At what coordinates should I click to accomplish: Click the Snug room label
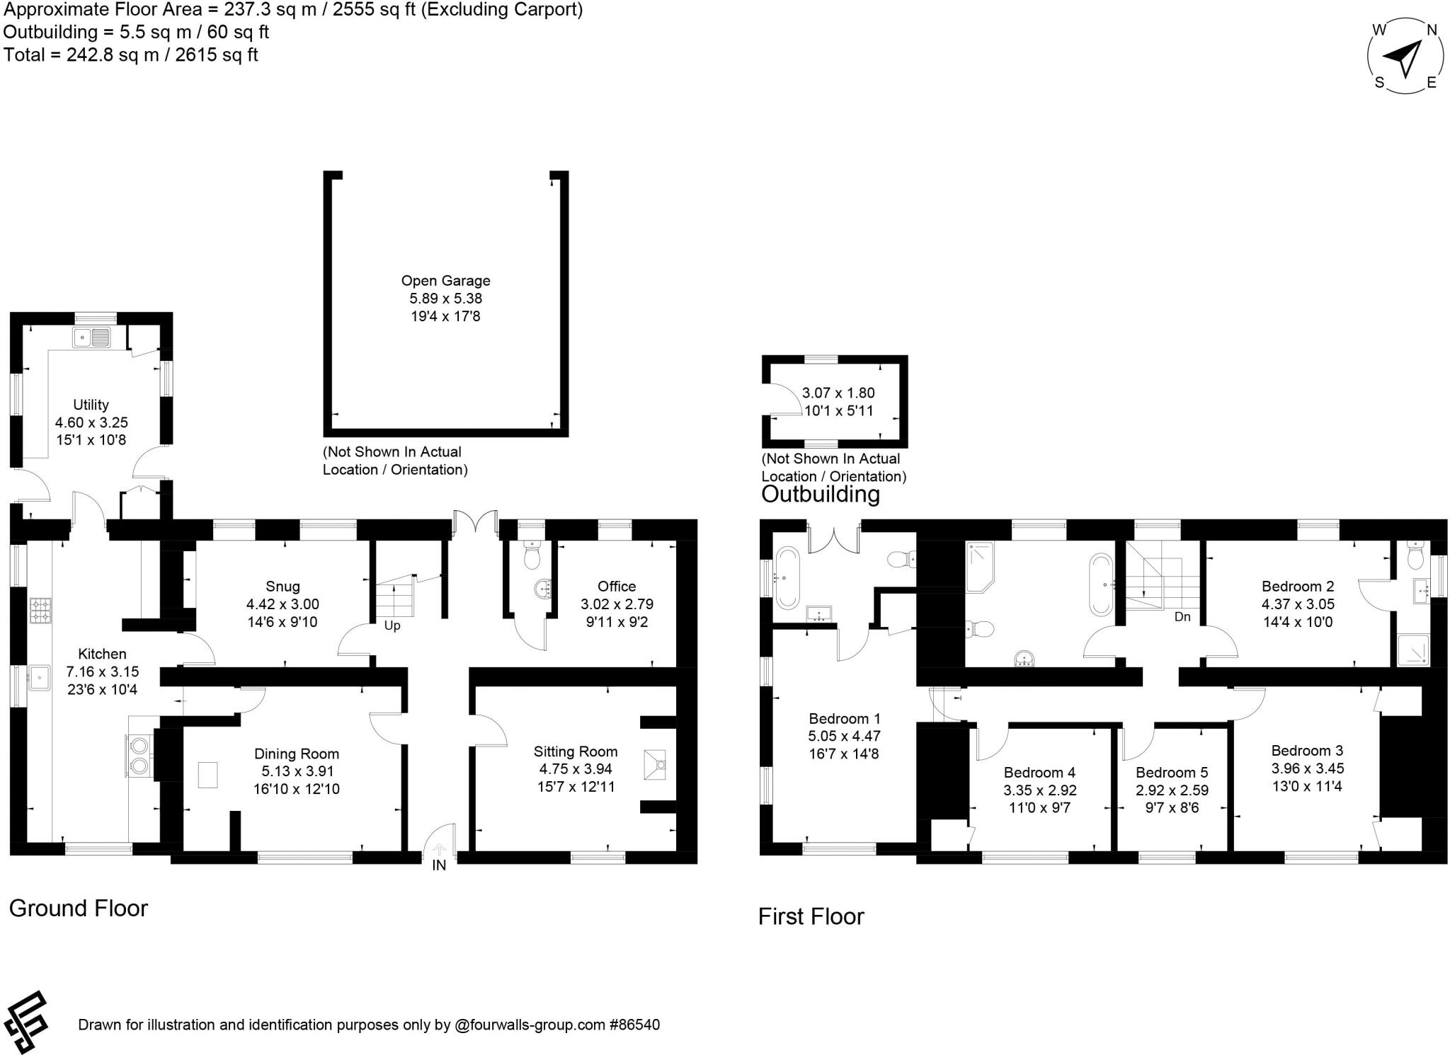[282, 587]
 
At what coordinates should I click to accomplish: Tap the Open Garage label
[445, 281]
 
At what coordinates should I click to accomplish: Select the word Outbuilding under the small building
[820, 494]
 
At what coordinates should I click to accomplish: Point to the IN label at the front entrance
[439, 865]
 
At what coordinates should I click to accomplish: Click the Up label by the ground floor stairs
[392, 625]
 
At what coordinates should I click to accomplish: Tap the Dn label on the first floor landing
[1182, 616]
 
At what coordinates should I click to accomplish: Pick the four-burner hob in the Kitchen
[40, 611]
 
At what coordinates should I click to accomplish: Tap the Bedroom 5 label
[1172, 773]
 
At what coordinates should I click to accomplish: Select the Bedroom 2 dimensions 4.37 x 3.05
[1298, 604]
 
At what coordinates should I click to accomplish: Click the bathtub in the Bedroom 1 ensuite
[786, 578]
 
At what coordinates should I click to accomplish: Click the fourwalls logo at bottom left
[26, 1021]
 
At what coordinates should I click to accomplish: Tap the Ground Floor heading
[78, 909]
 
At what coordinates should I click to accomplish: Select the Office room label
[616, 587]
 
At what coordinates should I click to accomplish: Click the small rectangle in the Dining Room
[207, 775]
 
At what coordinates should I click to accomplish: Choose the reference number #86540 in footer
[634, 1025]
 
